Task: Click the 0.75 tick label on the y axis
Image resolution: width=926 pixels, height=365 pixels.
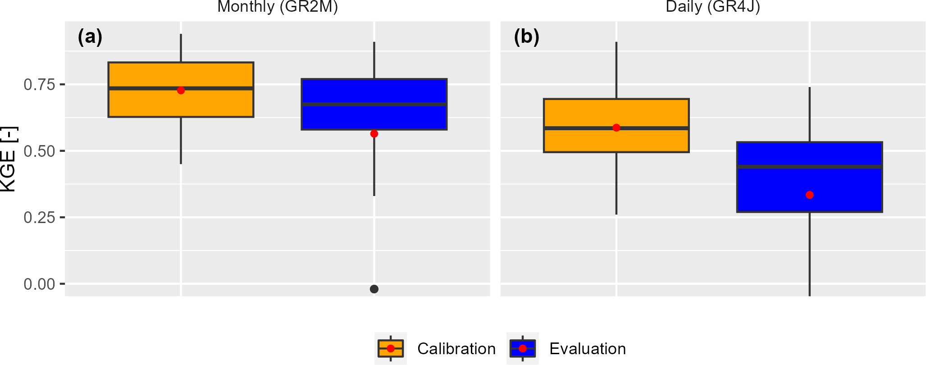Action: (x=39, y=84)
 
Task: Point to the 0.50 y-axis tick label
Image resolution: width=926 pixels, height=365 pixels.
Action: (x=39, y=151)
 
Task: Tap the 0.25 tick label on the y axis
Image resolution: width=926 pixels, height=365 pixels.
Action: (x=39, y=218)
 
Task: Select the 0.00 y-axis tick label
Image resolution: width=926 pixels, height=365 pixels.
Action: (x=39, y=284)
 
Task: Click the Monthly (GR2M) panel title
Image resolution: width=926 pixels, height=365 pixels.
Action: (x=278, y=6)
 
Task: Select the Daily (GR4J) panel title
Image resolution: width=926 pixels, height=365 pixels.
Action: (x=713, y=6)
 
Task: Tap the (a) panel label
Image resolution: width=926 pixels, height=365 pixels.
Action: (x=90, y=37)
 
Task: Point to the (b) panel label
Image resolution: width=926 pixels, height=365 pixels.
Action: (x=526, y=37)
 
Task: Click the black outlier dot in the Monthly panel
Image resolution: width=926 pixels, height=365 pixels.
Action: (x=374, y=289)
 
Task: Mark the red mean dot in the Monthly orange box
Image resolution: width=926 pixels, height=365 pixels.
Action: (x=181, y=90)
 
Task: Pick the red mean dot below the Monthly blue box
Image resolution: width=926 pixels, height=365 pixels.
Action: (x=374, y=134)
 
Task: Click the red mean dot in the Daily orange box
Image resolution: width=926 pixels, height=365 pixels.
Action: (x=616, y=128)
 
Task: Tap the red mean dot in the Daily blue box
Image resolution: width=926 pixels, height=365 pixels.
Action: (x=810, y=195)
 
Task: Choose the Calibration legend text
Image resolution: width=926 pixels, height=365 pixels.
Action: (x=456, y=349)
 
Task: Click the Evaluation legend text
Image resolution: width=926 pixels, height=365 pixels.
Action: (x=588, y=349)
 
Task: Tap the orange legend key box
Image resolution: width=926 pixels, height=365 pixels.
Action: (x=391, y=348)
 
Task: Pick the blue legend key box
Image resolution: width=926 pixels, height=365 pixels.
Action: (x=523, y=348)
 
